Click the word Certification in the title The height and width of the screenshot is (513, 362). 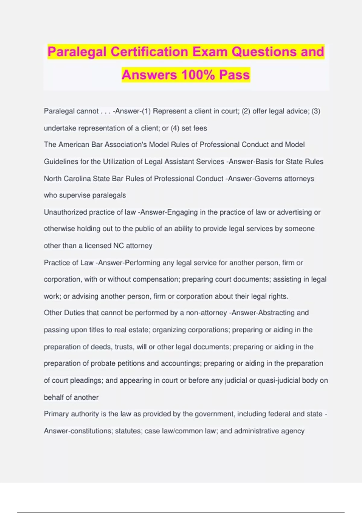click(x=149, y=52)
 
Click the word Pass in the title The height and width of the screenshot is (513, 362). click(x=234, y=75)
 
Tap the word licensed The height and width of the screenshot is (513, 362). click(x=98, y=246)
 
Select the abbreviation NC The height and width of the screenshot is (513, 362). click(x=119, y=246)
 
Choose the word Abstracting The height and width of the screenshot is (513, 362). click(x=276, y=313)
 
